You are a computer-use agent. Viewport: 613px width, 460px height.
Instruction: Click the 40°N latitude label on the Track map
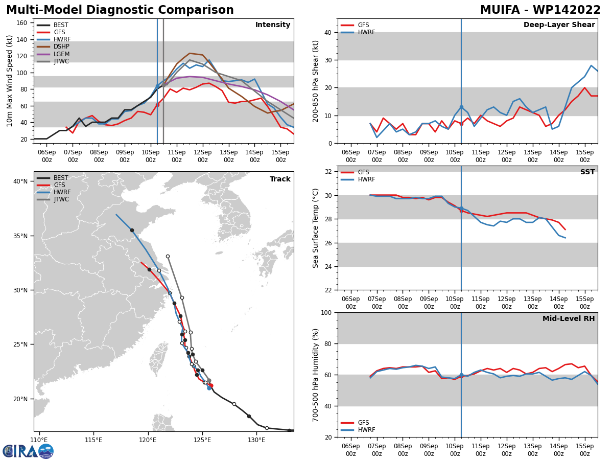pyautogui.click(x=20, y=181)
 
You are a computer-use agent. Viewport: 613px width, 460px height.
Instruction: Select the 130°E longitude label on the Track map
pyautogui.click(x=256, y=440)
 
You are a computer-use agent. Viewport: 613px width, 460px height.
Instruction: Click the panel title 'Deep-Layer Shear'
pyautogui.click(x=559, y=25)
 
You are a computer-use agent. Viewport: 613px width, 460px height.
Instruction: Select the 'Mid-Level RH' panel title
pyautogui.click(x=568, y=319)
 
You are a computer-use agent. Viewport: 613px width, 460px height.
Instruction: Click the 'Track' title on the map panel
pyautogui.click(x=280, y=179)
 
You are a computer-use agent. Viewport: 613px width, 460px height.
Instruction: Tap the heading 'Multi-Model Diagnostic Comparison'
pyautogui.click(x=120, y=10)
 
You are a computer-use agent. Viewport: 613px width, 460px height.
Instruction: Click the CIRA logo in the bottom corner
pyautogui.click(x=28, y=451)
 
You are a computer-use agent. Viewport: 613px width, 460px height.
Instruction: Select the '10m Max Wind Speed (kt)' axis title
pyautogui.click(x=10, y=81)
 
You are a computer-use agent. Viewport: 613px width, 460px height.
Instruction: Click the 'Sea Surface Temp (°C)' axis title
pyautogui.click(x=316, y=228)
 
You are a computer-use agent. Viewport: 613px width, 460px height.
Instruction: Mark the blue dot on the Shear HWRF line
pyautogui.click(x=461, y=107)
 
